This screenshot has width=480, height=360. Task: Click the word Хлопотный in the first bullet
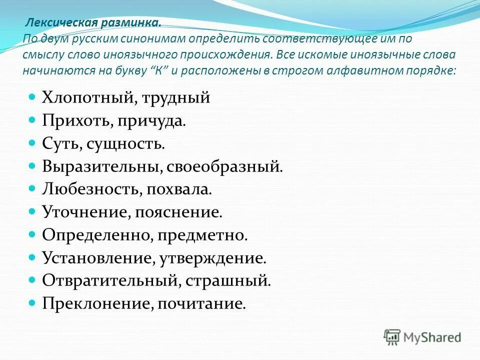tap(85, 97)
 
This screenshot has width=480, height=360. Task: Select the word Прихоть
tap(71, 121)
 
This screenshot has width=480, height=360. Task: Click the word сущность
tap(125, 144)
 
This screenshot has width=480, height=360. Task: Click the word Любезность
tap(87, 189)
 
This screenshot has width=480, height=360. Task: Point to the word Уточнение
tap(83, 212)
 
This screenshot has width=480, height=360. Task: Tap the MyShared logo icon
tap(392, 337)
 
